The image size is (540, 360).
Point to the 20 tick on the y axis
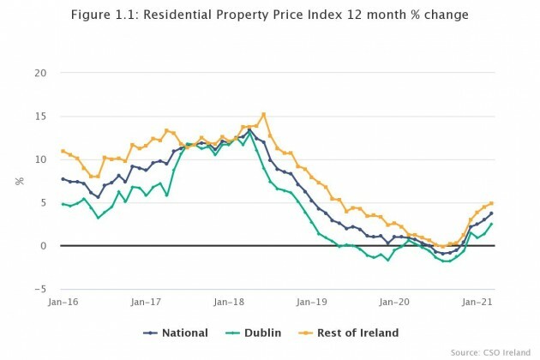click(x=40, y=72)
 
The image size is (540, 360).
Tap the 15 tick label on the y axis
click(x=40, y=116)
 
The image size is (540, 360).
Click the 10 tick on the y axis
click(x=40, y=159)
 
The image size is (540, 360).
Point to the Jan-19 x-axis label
click(x=311, y=303)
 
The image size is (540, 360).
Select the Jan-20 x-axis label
click(x=394, y=303)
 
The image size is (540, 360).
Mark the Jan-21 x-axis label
click(x=477, y=303)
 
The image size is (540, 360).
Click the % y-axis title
click(x=18, y=181)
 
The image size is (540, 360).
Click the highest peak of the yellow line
click(x=263, y=114)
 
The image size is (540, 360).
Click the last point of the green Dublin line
click(x=491, y=225)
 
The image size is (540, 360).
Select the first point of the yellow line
click(x=63, y=151)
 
